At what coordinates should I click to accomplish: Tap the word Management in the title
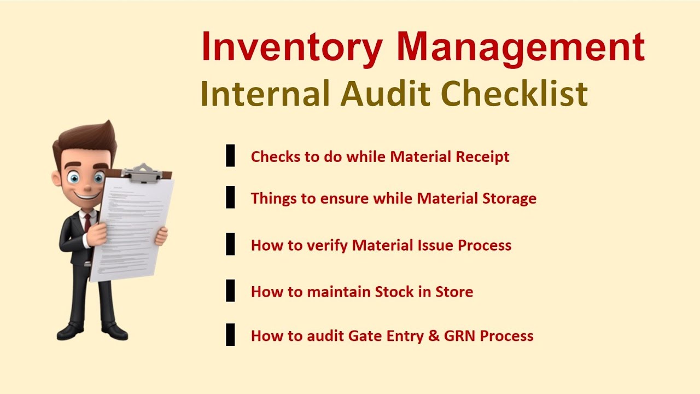pyautogui.click(x=521, y=47)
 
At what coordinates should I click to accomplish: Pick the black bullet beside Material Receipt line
pyautogui.click(x=230, y=156)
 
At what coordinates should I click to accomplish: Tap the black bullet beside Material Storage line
pyautogui.click(x=230, y=198)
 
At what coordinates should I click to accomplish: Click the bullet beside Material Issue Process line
pyautogui.click(x=230, y=244)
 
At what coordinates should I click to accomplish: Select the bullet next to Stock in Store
pyautogui.click(x=230, y=291)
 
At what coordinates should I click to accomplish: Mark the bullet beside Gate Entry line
pyautogui.click(x=230, y=335)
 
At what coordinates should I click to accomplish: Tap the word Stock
pyautogui.click(x=394, y=292)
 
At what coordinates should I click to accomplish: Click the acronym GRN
pyautogui.click(x=460, y=335)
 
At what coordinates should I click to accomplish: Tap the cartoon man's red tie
pyautogui.click(x=87, y=222)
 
